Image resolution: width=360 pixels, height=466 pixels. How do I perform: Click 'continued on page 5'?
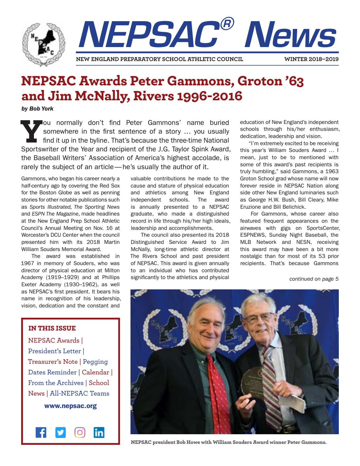click(314, 279)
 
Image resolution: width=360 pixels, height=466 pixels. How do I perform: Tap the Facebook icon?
click(41, 433)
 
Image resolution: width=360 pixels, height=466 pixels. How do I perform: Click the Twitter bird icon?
click(60, 433)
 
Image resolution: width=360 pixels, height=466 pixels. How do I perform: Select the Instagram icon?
click(80, 433)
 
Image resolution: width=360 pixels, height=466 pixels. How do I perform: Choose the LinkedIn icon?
click(99, 433)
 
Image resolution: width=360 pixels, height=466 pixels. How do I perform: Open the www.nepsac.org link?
click(70, 406)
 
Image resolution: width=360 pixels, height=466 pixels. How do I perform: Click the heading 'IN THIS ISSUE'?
click(52, 328)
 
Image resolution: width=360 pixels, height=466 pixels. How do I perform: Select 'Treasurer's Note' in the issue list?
click(53, 362)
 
